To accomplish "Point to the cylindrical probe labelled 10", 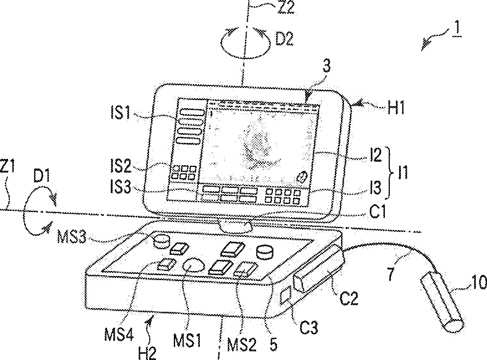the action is point(443,304).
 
